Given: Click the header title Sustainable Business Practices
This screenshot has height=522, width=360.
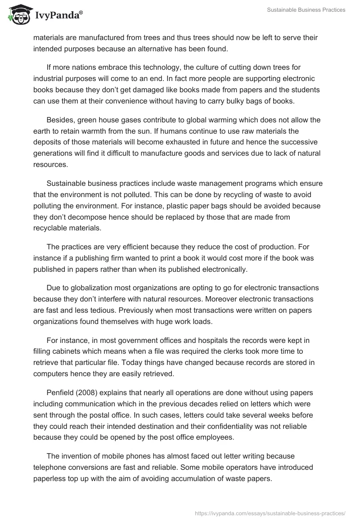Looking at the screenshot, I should point(306,10).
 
